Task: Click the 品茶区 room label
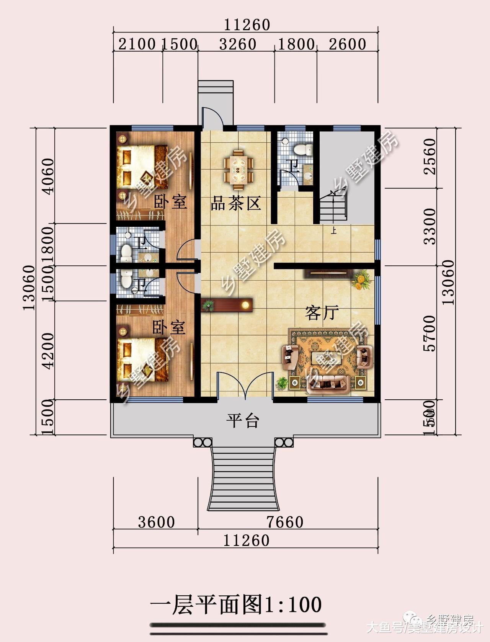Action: click(236, 203)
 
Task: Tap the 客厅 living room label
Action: click(322, 313)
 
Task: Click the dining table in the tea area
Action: click(239, 169)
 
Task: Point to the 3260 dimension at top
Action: click(237, 44)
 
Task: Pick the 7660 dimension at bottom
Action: click(285, 522)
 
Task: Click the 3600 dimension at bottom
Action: click(156, 522)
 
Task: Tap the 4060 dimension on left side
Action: click(49, 176)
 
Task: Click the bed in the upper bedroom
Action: click(142, 167)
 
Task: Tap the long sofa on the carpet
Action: click(328, 384)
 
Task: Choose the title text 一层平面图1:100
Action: click(236, 605)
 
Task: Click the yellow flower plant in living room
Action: click(361, 280)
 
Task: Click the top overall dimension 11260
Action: click(247, 25)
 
